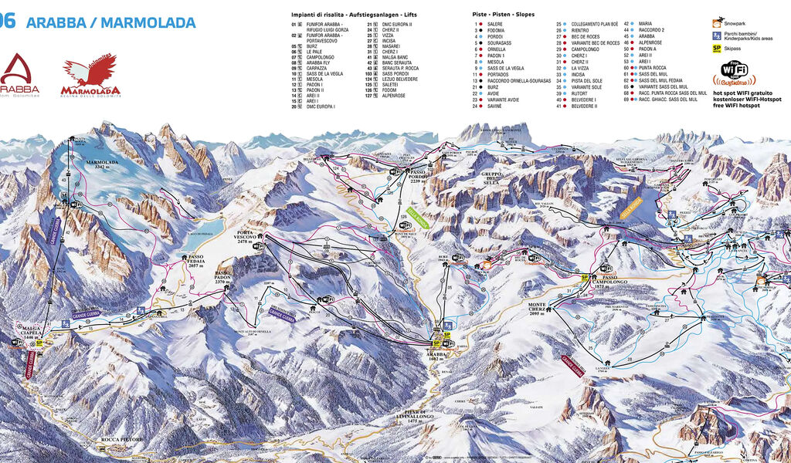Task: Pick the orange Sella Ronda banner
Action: (x=631, y=207)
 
